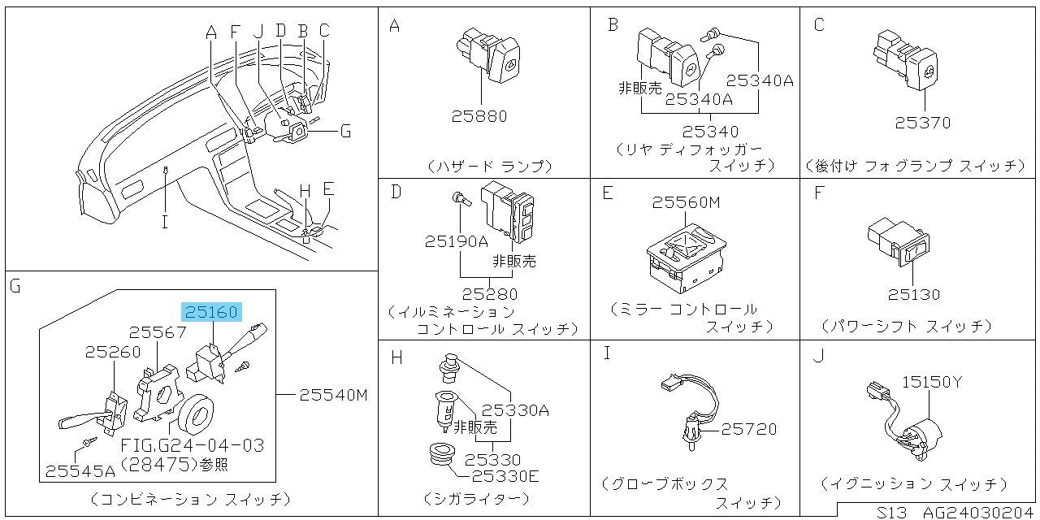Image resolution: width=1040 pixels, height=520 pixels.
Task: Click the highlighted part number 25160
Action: click(210, 311)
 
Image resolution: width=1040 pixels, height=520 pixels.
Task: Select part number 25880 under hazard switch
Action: click(479, 116)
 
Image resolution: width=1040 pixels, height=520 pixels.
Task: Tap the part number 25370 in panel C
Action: click(922, 123)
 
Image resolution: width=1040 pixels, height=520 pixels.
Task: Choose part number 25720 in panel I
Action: click(749, 428)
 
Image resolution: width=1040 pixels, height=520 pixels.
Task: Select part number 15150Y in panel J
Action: click(932, 381)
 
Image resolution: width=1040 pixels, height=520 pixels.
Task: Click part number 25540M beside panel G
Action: click(334, 396)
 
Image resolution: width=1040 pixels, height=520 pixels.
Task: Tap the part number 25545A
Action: click(79, 470)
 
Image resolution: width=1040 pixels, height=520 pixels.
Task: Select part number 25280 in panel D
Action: click(489, 293)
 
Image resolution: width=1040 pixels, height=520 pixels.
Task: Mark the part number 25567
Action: click(158, 332)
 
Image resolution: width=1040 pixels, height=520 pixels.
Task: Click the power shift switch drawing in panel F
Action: click(898, 241)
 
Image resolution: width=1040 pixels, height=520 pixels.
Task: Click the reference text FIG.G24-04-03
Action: click(192, 446)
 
